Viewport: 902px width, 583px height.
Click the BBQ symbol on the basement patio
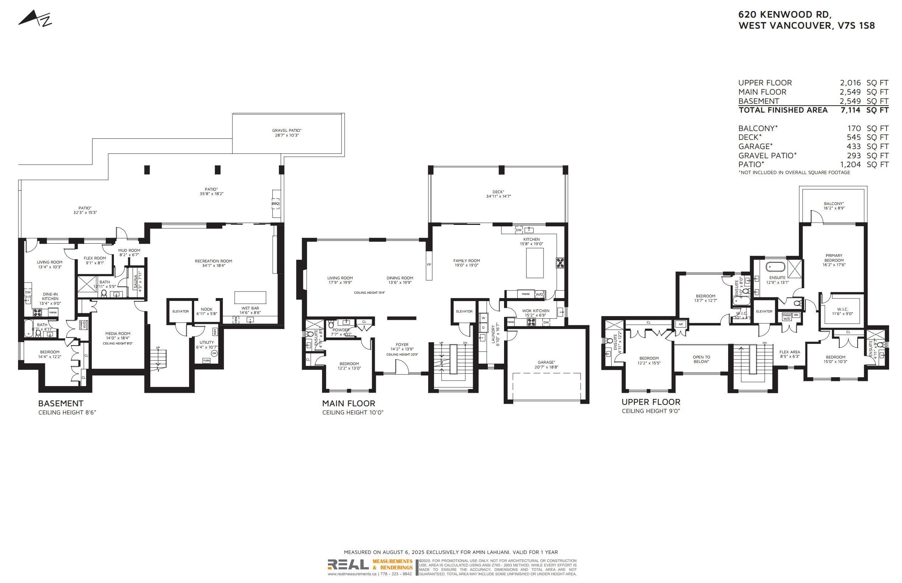276,204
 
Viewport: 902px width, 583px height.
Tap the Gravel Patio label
287,130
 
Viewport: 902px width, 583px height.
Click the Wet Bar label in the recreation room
250,308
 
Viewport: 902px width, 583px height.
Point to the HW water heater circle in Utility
214,353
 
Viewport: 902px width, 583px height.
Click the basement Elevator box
181,311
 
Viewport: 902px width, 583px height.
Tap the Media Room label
118,333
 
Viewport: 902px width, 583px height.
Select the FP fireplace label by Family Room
429,265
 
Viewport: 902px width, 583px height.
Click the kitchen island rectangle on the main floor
534,263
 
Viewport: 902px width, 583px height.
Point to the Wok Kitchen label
535,311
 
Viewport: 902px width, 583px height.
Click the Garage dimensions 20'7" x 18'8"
546,367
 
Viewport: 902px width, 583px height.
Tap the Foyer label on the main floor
402,344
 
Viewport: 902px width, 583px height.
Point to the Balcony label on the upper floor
833,204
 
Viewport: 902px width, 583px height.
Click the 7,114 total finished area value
850,110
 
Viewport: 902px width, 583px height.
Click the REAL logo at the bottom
348,565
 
